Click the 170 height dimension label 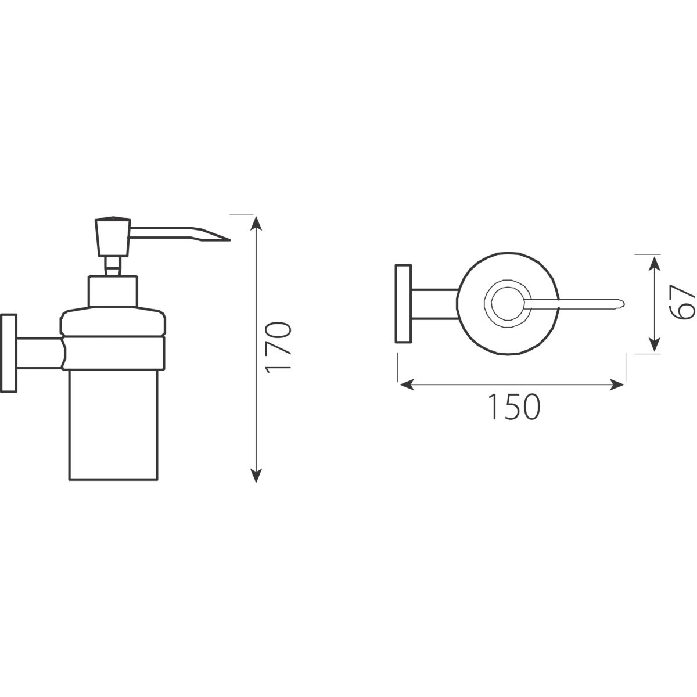point(278,347)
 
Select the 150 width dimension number point(513,407)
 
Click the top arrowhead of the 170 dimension point(256,223)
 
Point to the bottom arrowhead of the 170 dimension point(256,475)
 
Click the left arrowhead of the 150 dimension point(406,385)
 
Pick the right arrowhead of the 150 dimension point(617,385)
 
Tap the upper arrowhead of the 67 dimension point(654,263)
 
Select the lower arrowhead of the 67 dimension point(654,344)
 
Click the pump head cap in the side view point(113,236)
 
